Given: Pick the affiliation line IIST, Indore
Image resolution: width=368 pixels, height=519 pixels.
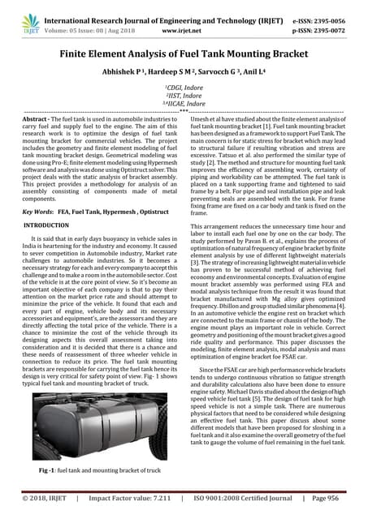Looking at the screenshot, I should [184, 95].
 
